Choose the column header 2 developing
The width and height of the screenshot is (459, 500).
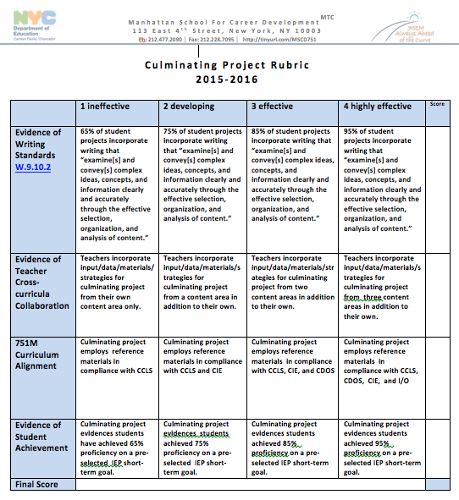[x=189, y=107]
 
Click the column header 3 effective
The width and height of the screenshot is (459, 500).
[x=276, y=107]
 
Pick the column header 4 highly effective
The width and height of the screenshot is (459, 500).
[x=378, y=107]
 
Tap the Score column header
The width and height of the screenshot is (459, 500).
[x=436, y=104]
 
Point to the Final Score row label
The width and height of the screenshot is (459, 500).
[x=37, y=484]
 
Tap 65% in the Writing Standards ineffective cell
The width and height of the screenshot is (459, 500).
[x=88, y=131]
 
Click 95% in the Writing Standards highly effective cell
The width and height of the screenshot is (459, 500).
[x=351, y=131]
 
